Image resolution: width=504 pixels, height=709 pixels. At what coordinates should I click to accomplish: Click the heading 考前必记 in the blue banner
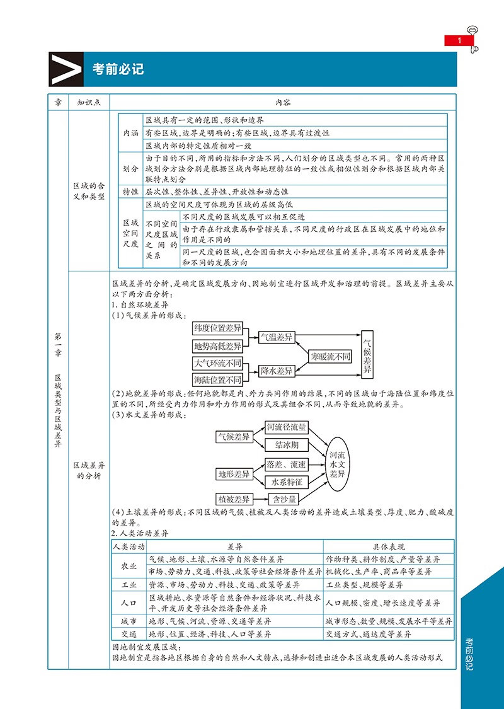[118, 69]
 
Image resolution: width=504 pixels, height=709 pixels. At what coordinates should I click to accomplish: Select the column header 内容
[282, 101]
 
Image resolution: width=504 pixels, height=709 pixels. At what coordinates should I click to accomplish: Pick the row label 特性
[130, 191]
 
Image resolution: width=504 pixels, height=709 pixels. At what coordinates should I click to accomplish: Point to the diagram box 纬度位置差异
[217, 329]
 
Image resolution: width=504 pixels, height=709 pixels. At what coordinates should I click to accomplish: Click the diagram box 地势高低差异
[217, 346]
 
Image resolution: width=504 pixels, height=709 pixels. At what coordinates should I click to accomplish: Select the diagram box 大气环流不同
[217, 363]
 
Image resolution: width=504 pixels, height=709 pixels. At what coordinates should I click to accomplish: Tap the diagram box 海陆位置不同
[217, 380]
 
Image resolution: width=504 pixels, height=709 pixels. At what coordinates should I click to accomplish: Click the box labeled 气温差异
[277, 337]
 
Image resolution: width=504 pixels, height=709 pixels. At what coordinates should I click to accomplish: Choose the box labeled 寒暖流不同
[329, 356]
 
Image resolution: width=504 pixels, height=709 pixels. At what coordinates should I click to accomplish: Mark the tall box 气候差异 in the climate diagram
[367, 352]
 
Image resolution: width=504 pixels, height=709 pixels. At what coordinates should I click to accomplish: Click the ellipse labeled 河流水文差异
[338, 463]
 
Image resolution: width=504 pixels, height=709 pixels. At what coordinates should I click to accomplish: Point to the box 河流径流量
[286, 428]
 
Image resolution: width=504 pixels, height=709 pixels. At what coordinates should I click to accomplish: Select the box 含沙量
[284, 499]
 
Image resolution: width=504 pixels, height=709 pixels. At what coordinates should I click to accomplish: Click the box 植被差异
[233, 499]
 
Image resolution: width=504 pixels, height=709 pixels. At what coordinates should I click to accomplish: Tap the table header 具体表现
[389, 546]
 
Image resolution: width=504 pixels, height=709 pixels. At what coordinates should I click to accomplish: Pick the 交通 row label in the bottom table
[129, 633]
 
